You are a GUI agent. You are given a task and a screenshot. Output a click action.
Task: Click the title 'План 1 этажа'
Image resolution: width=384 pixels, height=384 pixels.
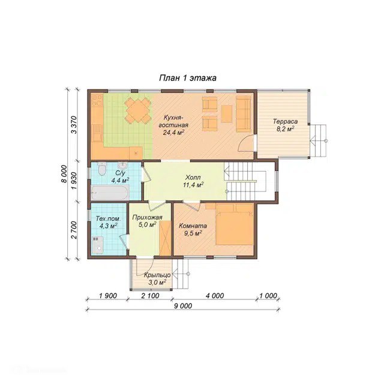[188, 78]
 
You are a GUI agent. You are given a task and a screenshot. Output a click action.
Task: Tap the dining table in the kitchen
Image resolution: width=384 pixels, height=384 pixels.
[137, 110]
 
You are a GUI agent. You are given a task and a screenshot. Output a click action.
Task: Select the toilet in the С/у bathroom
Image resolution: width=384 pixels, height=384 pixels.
[102, 169]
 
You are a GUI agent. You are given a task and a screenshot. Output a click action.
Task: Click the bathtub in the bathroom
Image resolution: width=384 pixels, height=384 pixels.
[110, 193]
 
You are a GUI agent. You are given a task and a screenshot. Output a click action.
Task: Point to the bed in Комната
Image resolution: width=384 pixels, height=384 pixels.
[235, 224]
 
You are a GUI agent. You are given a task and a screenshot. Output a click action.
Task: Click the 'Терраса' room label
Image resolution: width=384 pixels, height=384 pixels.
[286, 121]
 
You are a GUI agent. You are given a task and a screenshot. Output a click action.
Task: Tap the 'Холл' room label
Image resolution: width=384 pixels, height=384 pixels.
[193, 177]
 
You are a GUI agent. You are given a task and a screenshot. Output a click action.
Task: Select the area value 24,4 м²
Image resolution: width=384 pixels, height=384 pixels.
[173, 133]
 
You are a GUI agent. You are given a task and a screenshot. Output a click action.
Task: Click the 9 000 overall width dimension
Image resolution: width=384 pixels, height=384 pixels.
[184, 305]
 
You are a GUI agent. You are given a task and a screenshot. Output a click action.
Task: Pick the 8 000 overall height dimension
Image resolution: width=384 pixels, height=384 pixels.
[64, 173]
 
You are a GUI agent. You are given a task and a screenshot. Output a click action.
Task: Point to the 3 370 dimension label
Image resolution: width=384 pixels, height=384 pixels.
[74, 125]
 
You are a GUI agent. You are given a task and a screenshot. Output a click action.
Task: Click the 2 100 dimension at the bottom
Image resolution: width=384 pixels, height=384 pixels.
[150, 296]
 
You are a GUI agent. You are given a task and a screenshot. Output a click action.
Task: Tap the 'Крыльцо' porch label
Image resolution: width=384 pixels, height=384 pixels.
[157, 275]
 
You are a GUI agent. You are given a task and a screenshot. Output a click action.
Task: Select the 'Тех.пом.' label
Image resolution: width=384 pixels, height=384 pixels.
[108, 218]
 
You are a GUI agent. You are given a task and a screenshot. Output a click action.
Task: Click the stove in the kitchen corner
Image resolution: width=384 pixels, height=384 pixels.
[97, 100]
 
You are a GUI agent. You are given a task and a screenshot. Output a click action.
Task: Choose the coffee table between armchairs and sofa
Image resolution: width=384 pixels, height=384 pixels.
[227, 114]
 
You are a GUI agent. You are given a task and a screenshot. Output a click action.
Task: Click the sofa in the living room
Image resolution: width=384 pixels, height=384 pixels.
[244, 114]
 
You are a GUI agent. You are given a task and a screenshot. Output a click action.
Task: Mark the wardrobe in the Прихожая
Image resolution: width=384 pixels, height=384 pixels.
[165, 238]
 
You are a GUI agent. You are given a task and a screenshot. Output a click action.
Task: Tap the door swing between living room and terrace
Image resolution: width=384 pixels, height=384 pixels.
[245, 143]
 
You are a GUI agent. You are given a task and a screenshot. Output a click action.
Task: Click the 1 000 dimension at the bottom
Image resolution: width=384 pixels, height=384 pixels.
[268, 296]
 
